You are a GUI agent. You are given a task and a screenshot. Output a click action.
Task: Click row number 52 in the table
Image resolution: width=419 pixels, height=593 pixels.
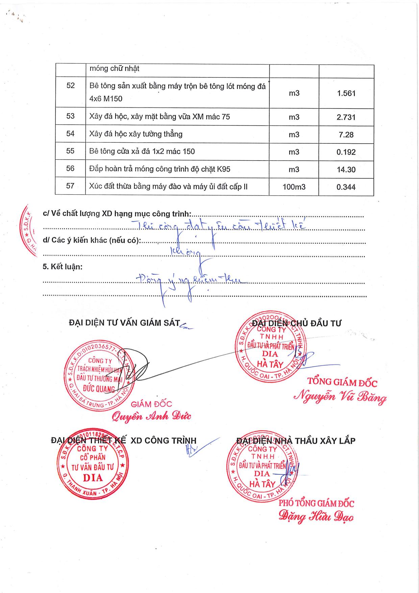(x=70, y=86)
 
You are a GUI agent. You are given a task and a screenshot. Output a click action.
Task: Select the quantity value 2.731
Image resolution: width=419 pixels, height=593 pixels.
(x=346, y=117)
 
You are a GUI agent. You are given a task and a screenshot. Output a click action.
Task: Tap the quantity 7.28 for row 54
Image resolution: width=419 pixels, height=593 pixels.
(x=346, y=135)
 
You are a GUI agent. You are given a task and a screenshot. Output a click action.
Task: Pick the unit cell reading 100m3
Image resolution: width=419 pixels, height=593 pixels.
(x=294, y=187)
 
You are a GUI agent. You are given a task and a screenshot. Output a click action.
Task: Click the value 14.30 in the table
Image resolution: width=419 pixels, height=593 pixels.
(x=346, y=170)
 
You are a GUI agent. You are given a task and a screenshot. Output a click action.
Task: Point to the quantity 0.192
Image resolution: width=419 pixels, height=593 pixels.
(x=346, y=152)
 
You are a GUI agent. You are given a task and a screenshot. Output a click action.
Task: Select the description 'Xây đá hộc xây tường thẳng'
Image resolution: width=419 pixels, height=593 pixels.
(x=136, y=134)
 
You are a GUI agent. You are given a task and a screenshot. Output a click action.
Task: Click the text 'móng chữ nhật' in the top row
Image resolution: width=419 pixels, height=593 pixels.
(x=114, y=69)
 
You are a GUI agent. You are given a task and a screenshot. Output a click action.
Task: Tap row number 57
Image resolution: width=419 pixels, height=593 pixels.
(x=70, y=186)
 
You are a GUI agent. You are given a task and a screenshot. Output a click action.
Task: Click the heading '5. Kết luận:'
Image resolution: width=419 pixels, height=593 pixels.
(x=63, y=267)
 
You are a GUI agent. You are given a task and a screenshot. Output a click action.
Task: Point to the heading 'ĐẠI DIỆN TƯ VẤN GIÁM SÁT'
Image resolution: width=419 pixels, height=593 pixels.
(x=124, y=323)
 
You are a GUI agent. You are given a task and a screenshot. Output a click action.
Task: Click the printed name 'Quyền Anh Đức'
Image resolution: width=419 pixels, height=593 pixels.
(x=151, y=416)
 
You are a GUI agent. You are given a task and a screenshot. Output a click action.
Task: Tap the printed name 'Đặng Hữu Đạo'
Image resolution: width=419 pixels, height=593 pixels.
(x=316, y=517)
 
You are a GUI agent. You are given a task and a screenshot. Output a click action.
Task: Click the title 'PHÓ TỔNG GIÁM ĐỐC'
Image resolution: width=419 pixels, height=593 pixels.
(x=316, y=503)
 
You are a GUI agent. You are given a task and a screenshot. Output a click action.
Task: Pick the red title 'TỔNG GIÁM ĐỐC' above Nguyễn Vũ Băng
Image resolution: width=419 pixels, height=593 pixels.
(x=342, y=382)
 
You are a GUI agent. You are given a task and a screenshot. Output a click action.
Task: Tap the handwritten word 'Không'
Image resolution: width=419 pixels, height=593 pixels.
(x=186, y=251)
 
